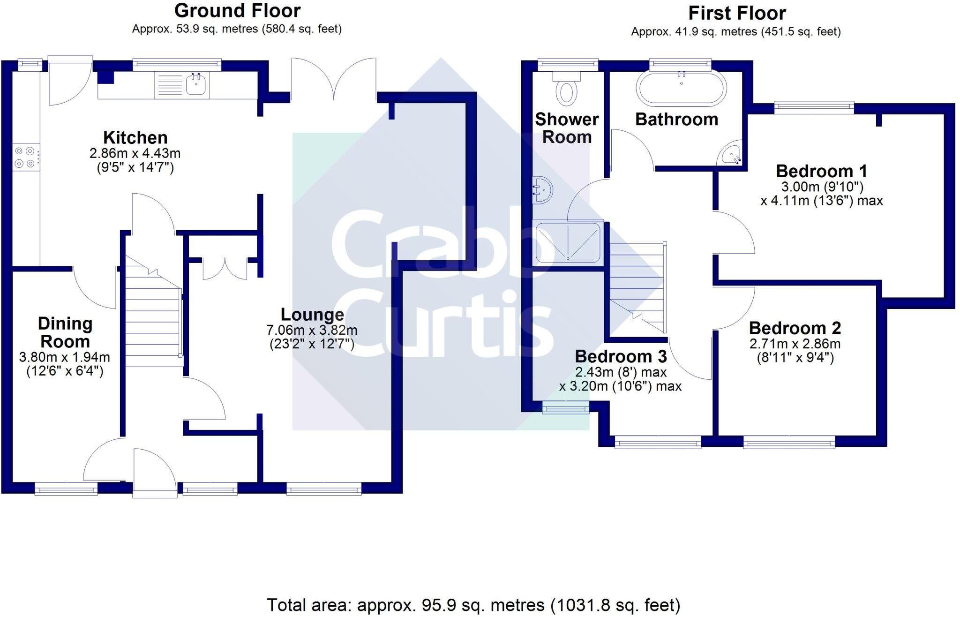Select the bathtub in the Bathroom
click(x=681, y=88)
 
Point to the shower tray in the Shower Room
click(x=568, y=242)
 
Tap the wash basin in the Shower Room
click(x=542, y=190)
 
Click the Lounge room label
click(x=312, y=314)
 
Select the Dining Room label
click(x=65, y=332)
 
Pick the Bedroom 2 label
click(x=795, y=328)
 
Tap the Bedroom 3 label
click(x=621, y=356)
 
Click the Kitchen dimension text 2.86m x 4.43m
click(x=135, y=153)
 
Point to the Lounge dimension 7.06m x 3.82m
click(x=312, y=330)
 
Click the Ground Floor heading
click(x=237, y=10)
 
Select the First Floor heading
click(x=737, y=13)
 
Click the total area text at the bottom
click(x=473, y=605)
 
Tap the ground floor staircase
click(x=153, y=311)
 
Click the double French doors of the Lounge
click(x=334, y=79)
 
